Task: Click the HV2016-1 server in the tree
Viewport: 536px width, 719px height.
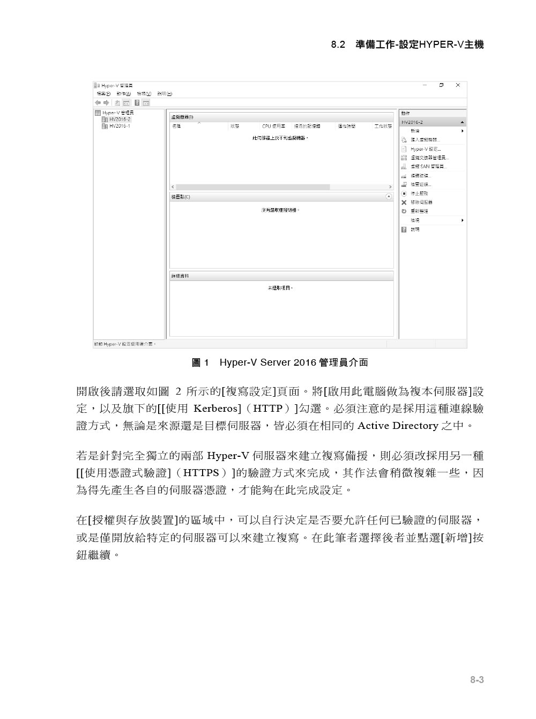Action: click(x=119, y=126)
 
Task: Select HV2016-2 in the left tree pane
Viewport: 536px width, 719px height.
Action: click(x=119, y=120)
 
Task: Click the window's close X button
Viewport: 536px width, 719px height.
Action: click(x=458, y=85)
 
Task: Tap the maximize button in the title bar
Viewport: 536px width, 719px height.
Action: click(x=441, y=85)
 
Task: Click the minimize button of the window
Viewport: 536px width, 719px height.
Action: click(x=425, y=85)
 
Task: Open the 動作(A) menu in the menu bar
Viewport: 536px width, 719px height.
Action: click(x=124, y=94)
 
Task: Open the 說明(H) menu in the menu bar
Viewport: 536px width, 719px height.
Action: click(x=165, y=94)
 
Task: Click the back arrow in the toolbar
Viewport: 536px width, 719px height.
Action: click(x=98, y=102)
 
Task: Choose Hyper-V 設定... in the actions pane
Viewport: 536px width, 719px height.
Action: click(x=425, y=149)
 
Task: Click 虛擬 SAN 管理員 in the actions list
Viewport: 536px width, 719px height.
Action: click(x=428, y=167)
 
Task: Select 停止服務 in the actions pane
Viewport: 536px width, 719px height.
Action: click(x=419, y=194)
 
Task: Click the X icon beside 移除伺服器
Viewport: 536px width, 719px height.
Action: click(x=404, y=203)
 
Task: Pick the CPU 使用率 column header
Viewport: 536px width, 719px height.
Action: click(x=273, y=126)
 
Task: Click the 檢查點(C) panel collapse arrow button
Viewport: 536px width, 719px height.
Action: click(x=389, y=197)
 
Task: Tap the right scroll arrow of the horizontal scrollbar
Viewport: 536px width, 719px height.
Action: click(x=390, y=187)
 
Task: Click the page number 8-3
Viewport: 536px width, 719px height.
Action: click(x=477, y=680)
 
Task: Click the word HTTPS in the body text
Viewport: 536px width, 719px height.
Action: click(x=201, y=473)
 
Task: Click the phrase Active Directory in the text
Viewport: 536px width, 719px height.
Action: click(x=397, y=426)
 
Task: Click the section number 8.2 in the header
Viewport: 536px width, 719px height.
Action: click(x=338, y=45)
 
